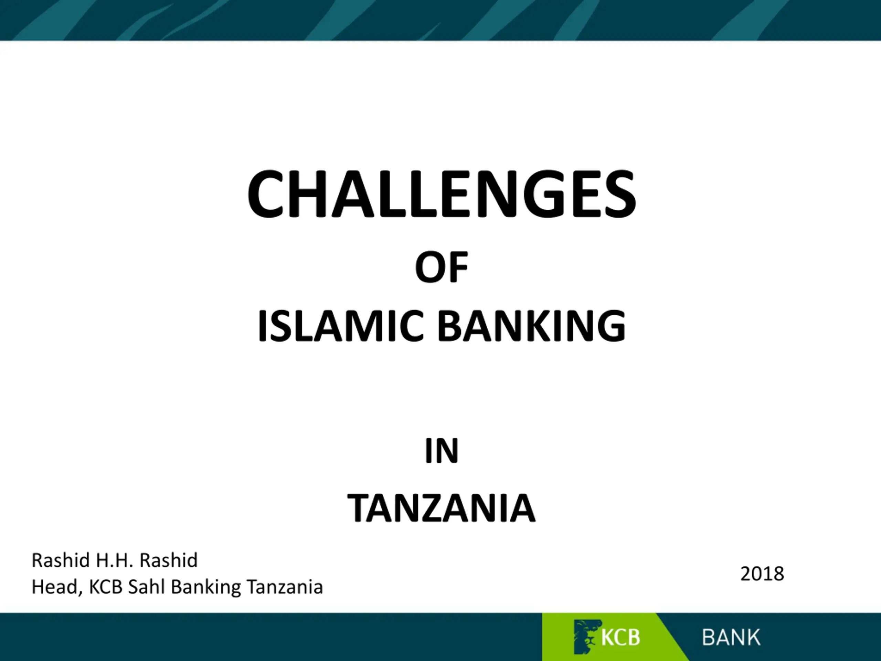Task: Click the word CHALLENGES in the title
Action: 441,194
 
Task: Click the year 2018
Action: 762,574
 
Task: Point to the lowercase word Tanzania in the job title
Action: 284,587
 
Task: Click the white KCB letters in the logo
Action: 620,638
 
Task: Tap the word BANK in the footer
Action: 731,638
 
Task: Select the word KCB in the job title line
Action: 106,587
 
